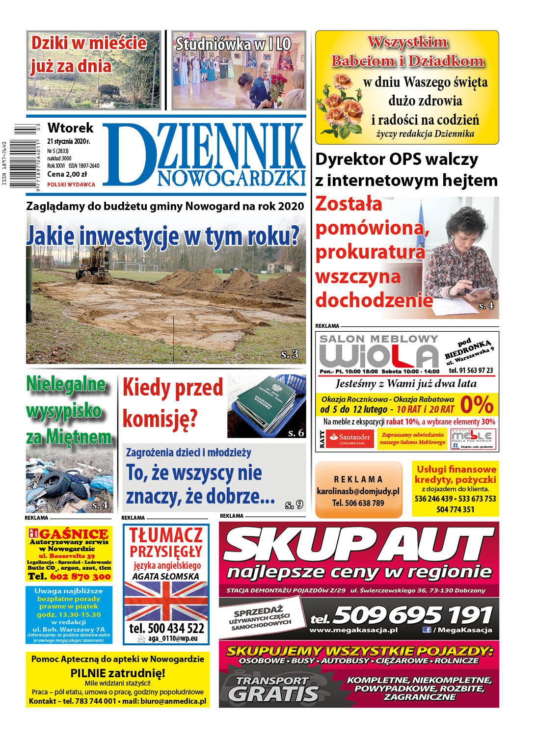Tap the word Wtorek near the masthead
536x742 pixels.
[x=70, y=128]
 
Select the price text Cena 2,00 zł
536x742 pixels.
[x=67, y=174]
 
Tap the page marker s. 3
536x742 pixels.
[x=290, y=354]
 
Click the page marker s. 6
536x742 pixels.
[x=296, y=432]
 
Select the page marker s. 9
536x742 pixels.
[x=294, y=504]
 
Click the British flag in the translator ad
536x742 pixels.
[x=166, y=601]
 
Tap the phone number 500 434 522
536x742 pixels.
[x=166, y=628]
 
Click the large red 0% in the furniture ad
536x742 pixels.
[x=477, y=405]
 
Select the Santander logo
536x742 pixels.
[x=350, y=438]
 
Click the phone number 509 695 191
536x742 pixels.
[x=412, y=615]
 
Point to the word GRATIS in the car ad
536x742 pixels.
[x=273, y=693]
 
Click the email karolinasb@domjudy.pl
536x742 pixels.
[x=358, y=491]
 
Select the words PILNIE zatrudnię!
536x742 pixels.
[x=118, y=673]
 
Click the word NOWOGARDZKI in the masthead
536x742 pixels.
[x=231, y=178]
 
